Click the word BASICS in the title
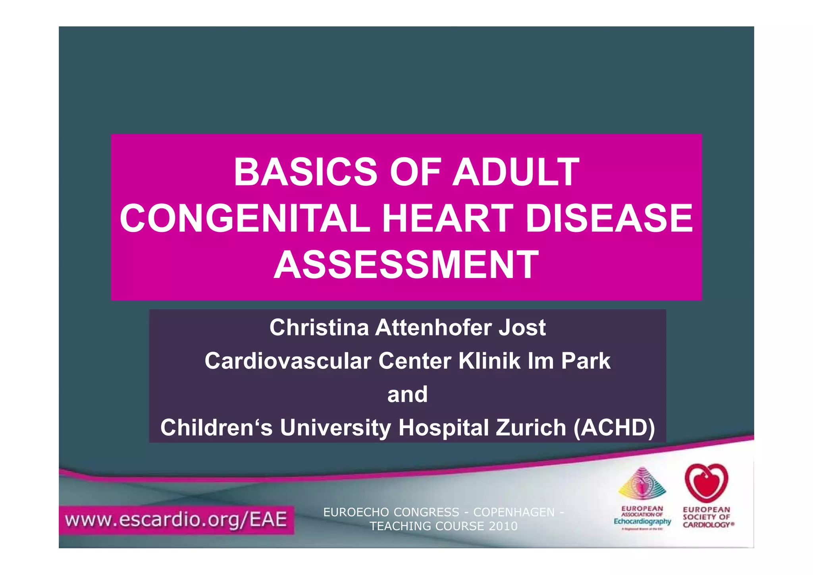[x=305, y=172]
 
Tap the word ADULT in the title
[x=516, y=172]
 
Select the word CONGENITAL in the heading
[x=245, y=218]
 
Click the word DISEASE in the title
[x=609, y=218]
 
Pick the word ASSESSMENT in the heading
[x=406, y=265]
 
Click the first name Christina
[x=319, y=328]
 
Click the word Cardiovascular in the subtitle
[x=288, y=361]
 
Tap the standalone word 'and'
[x=407, y=394]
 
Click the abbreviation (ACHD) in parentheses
[x=614, y=428]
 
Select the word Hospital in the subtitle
[x=443, y=428]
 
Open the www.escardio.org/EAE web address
[x=176, y=520]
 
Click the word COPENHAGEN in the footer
[x=514, y=512]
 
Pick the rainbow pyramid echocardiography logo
[x=642, y=483]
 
